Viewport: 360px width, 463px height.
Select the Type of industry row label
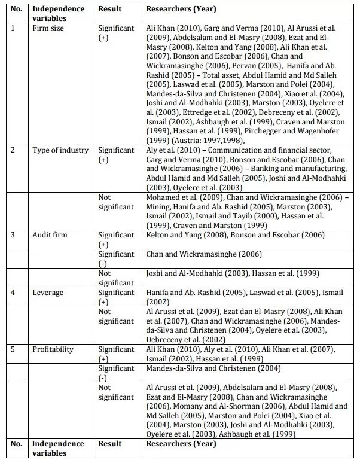pos(60,150)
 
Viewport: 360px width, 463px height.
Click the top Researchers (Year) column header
pos(181,10)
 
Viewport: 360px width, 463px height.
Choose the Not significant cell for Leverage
pos(116,316)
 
